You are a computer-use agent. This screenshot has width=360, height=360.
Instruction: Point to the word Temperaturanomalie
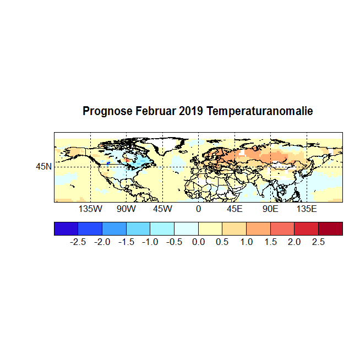[x=259, y=112]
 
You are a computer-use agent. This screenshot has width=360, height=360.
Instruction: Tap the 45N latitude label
[x=44, y=166]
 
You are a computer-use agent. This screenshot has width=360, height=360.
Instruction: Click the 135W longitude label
[x=90, y=209]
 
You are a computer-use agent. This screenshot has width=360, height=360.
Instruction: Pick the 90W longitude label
[x=126, y=209]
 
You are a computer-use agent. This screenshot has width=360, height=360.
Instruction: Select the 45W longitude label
[x=162, y=209]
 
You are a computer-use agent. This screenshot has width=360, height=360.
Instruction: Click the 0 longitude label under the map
[x=198, y=209]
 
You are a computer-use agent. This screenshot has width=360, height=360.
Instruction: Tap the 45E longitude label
[x=234, y=209]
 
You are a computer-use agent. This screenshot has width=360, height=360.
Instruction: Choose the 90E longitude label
[x=270, y=209]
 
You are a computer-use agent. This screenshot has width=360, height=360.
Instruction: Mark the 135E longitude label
[x=307, y=209]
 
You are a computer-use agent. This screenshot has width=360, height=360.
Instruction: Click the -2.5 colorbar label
[x=78, y=242]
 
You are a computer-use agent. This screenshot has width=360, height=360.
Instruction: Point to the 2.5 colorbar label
[x=319, y=242]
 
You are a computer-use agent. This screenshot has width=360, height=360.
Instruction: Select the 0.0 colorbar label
[x=198, y=242]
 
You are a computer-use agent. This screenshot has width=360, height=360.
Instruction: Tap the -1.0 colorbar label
[x=150, y=242]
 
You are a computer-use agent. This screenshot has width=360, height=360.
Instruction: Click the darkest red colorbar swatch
[x=330, y=228]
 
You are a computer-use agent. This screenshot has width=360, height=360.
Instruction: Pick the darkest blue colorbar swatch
[x=66, y=228]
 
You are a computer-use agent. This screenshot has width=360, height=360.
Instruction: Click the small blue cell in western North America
[x=108, y=163]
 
